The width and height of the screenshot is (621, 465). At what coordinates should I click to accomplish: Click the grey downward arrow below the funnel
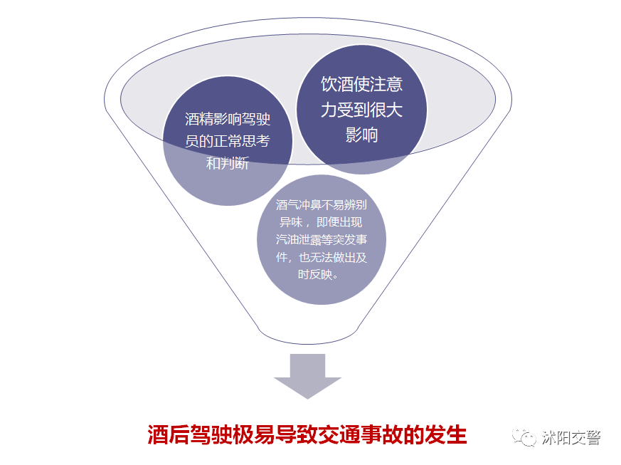(x=307, y=376)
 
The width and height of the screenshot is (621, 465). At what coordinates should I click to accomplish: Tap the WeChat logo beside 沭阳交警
(x=524, y=437)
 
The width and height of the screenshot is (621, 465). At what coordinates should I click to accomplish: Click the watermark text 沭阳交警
(x=571, y=438)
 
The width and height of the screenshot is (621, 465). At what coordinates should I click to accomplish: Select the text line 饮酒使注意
(x=361, y=85)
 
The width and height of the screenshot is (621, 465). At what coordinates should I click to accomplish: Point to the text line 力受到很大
(x=361, y=110)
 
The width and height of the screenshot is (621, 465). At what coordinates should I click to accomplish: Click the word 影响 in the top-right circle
(x=361, y=135)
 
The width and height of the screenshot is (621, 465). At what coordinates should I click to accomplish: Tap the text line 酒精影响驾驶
(x=228, y=119)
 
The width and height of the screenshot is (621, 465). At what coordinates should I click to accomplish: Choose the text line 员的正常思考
(x=228, y=141)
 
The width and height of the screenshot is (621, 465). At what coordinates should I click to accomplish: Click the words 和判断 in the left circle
(x=228, y=162)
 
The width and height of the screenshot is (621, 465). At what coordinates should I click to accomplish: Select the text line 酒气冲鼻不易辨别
(x=322, y=204)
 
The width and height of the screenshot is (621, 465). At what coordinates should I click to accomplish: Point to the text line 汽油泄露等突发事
(x=322, y=239)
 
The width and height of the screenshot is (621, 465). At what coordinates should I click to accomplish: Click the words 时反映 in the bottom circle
(x=315, y=274)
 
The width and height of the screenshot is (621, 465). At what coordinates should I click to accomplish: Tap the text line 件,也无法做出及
(x=322, y=257)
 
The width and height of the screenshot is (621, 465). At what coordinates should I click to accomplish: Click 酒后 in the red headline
(x=169, y=435)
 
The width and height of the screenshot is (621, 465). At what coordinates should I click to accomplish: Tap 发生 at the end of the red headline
(x=446, y=435)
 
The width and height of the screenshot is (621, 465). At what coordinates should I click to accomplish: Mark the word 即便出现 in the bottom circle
(x=339, y=222)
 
